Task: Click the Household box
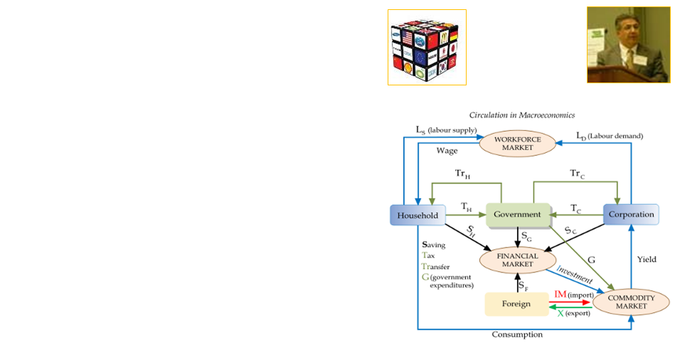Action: tap(418, 214)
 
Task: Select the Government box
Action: tap(518, 214)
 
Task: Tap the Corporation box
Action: tap(629, 214)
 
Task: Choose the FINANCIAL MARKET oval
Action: tap(518, 260)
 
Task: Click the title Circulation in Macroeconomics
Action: tap(521, 115)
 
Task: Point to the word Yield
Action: tap(646, 260)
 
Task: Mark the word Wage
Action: tap(447, 151)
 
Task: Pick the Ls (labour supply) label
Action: tap(445, 130)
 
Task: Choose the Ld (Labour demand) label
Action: tap(609, 135)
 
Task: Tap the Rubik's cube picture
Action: tap(427, 47)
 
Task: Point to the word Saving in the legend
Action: tap(433, 245)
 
